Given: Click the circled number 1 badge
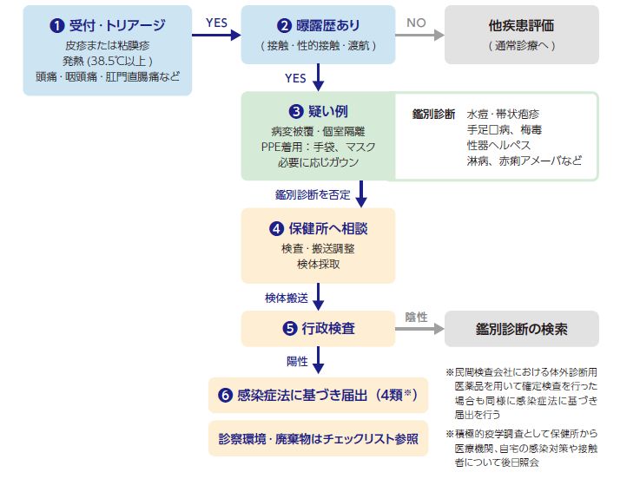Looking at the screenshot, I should click(x=56, y=24).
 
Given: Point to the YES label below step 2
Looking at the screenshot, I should click(x=295, y=78).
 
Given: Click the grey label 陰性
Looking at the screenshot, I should click(x=417, y=318).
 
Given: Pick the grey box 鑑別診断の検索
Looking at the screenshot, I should click(x=521, y=329).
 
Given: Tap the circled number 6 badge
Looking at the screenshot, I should click(x=225, y=395).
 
